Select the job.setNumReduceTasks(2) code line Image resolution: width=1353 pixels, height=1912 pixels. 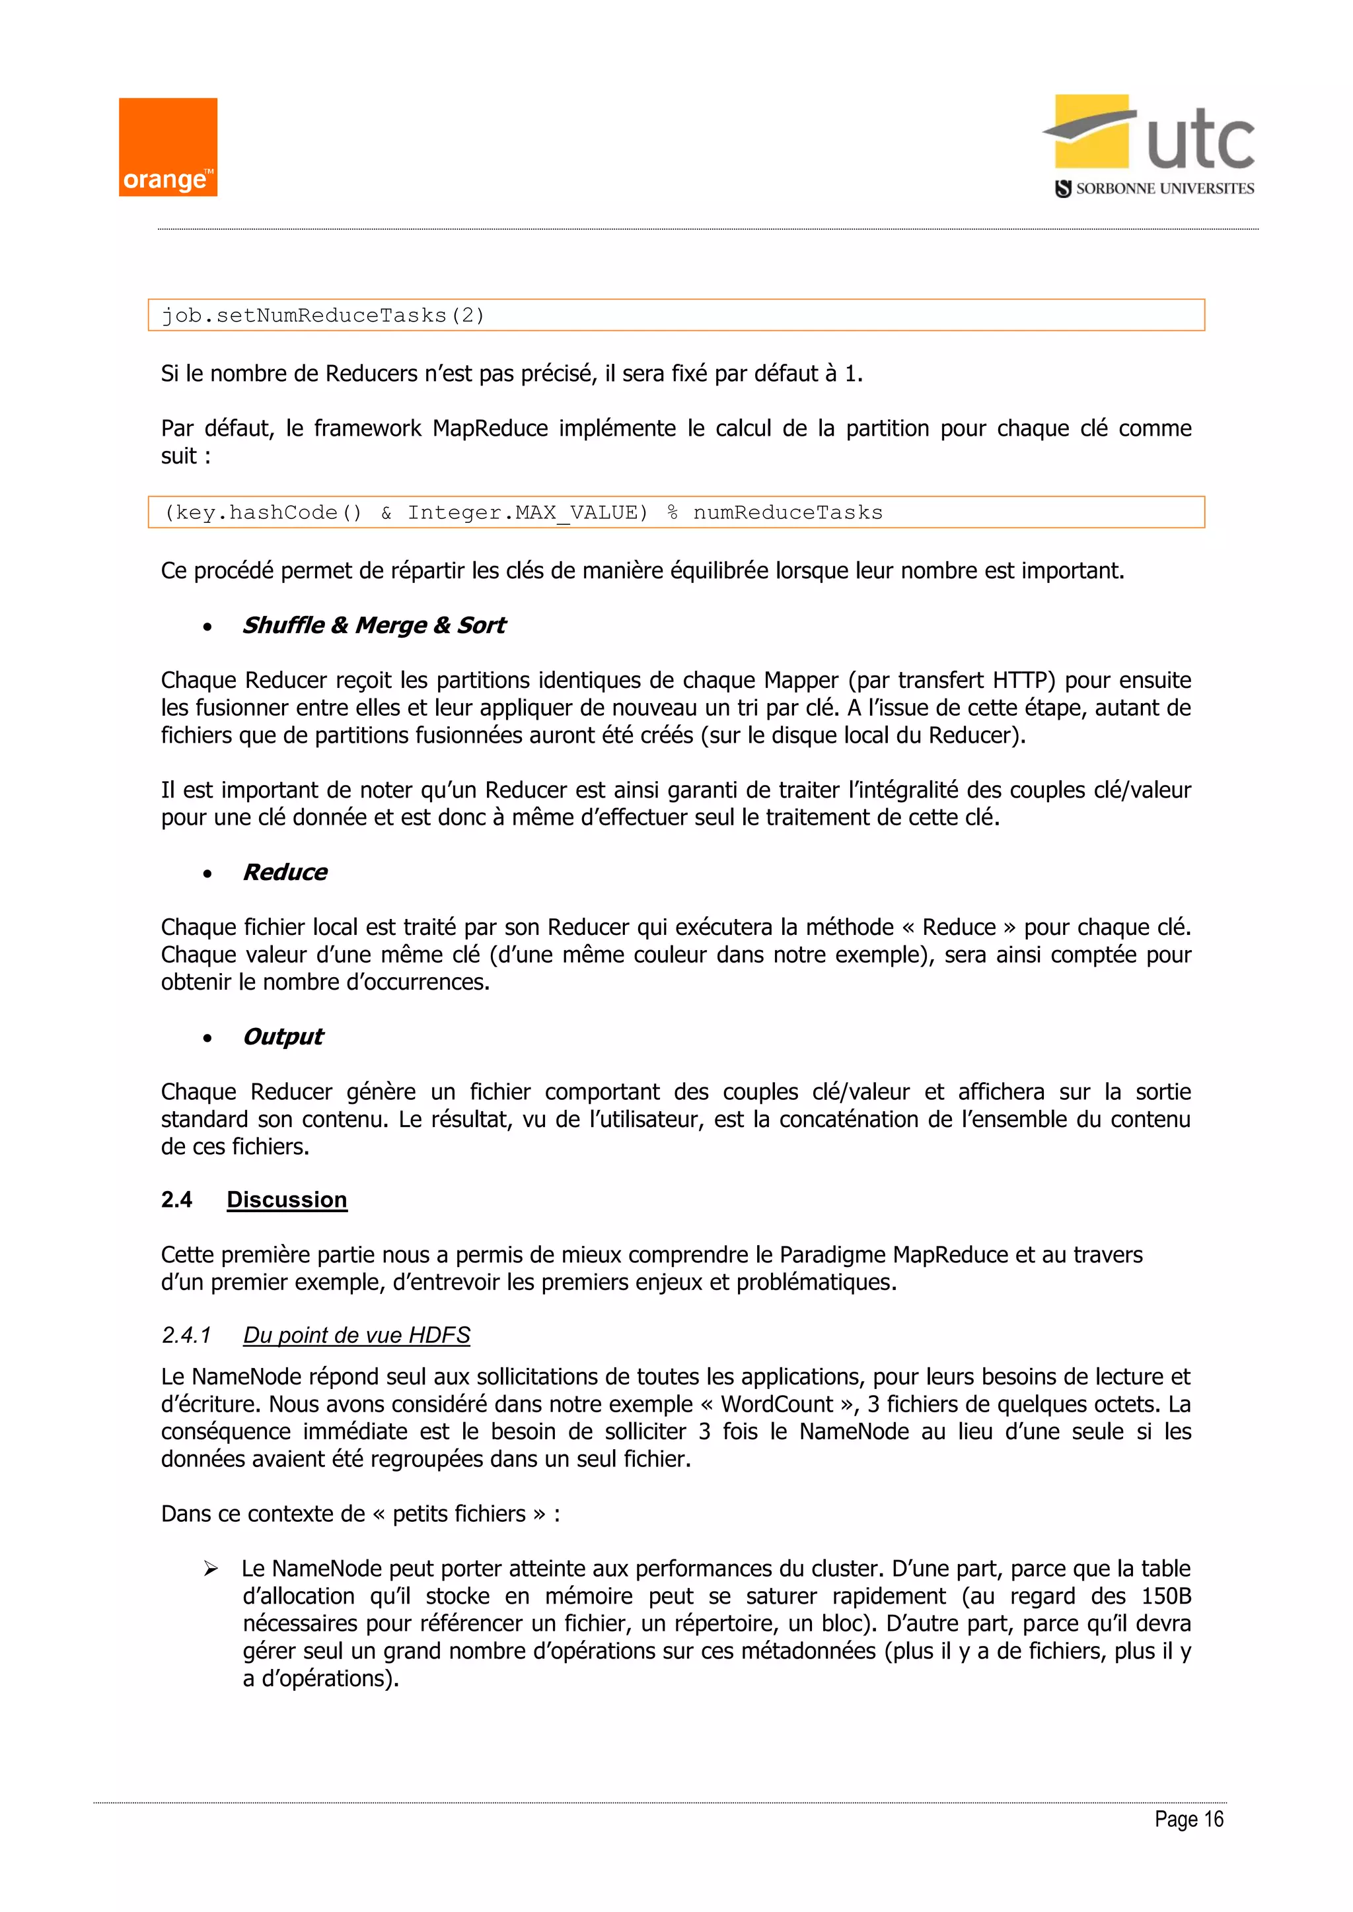tap(322, 316)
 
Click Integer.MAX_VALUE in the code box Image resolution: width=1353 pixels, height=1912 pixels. tap(527, 513)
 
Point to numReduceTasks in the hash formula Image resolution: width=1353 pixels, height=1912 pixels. tap(787, 513)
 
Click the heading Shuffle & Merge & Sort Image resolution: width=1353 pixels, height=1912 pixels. tap(373, 625)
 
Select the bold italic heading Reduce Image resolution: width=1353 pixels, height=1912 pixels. tap(285, 873)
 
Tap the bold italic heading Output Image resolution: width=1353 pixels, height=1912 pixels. tap(283, 1037)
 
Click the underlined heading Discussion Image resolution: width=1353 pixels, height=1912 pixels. tap(287, 1200)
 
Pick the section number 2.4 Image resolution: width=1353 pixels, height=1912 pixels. tap(176, 1200)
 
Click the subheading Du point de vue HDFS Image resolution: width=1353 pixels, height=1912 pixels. tap(357, 1336)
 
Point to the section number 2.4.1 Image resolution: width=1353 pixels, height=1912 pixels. tap(186, 1336)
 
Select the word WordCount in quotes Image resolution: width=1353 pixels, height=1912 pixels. tap(776, 1405)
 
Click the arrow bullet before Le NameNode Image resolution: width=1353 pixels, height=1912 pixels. tap(211, 1569)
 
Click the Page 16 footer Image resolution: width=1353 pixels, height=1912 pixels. tap(1188, 1820)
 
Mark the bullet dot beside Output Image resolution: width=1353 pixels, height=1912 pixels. tap(207, 1039)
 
